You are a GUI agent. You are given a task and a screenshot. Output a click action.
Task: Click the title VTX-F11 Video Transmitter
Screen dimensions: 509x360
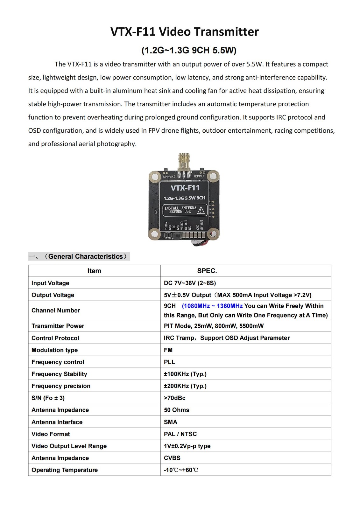point(184,32)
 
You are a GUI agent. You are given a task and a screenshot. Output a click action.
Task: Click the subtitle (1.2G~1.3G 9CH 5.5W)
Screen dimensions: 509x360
point(189,50)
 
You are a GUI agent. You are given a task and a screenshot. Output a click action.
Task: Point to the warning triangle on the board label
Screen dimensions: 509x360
point(201,210)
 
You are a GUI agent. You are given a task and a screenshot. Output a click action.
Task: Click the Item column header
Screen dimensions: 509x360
point(94,271)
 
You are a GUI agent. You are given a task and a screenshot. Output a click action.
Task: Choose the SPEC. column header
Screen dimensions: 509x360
point(207,271)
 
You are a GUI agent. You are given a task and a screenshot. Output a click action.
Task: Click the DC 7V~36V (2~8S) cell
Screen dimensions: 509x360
point(190,283)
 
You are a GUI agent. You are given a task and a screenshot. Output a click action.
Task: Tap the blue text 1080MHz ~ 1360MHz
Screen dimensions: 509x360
point(212,306)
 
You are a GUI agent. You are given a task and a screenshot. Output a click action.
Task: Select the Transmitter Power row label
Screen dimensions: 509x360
point(58,326)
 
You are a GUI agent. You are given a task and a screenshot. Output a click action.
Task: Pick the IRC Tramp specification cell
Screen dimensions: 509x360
point(227,338)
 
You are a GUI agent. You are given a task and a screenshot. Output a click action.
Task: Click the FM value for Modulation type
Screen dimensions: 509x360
point(168,350)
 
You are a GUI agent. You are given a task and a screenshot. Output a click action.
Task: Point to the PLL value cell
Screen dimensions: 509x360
point(169,362)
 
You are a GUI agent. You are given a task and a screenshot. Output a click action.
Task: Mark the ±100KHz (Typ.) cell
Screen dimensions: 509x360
point(185,374)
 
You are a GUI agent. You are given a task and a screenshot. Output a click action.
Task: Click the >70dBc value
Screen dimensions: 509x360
point(174,398)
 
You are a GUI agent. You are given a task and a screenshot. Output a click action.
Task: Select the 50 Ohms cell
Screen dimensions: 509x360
point(176,410)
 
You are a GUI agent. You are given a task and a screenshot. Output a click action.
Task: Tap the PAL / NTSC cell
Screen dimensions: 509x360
point(180,434)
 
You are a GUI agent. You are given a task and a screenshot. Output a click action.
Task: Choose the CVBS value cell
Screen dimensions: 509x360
point(172,458)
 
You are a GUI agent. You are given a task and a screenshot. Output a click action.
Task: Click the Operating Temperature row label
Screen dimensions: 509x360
point(65,470)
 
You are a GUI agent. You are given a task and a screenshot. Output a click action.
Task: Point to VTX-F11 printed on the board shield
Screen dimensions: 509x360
point(185,188)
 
